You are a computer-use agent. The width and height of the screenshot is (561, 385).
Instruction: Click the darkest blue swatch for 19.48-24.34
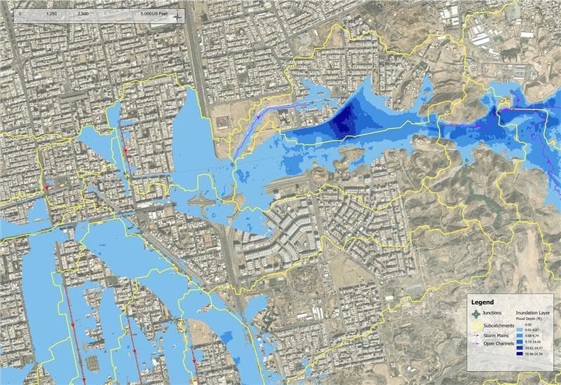[520, 356]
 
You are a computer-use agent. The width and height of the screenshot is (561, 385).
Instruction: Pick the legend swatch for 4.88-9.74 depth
[520, 334]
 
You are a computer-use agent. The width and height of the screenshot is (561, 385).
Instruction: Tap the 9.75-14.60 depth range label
[538, 341]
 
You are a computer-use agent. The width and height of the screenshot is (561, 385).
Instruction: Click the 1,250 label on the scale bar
[50, 14]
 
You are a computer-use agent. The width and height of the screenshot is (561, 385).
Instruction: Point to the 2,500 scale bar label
[83, 14]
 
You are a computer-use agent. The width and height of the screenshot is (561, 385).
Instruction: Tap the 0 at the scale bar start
[20, 14]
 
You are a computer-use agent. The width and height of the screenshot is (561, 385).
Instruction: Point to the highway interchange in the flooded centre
[207, 203]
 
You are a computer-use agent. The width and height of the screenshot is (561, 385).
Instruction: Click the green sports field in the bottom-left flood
[93, 361]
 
